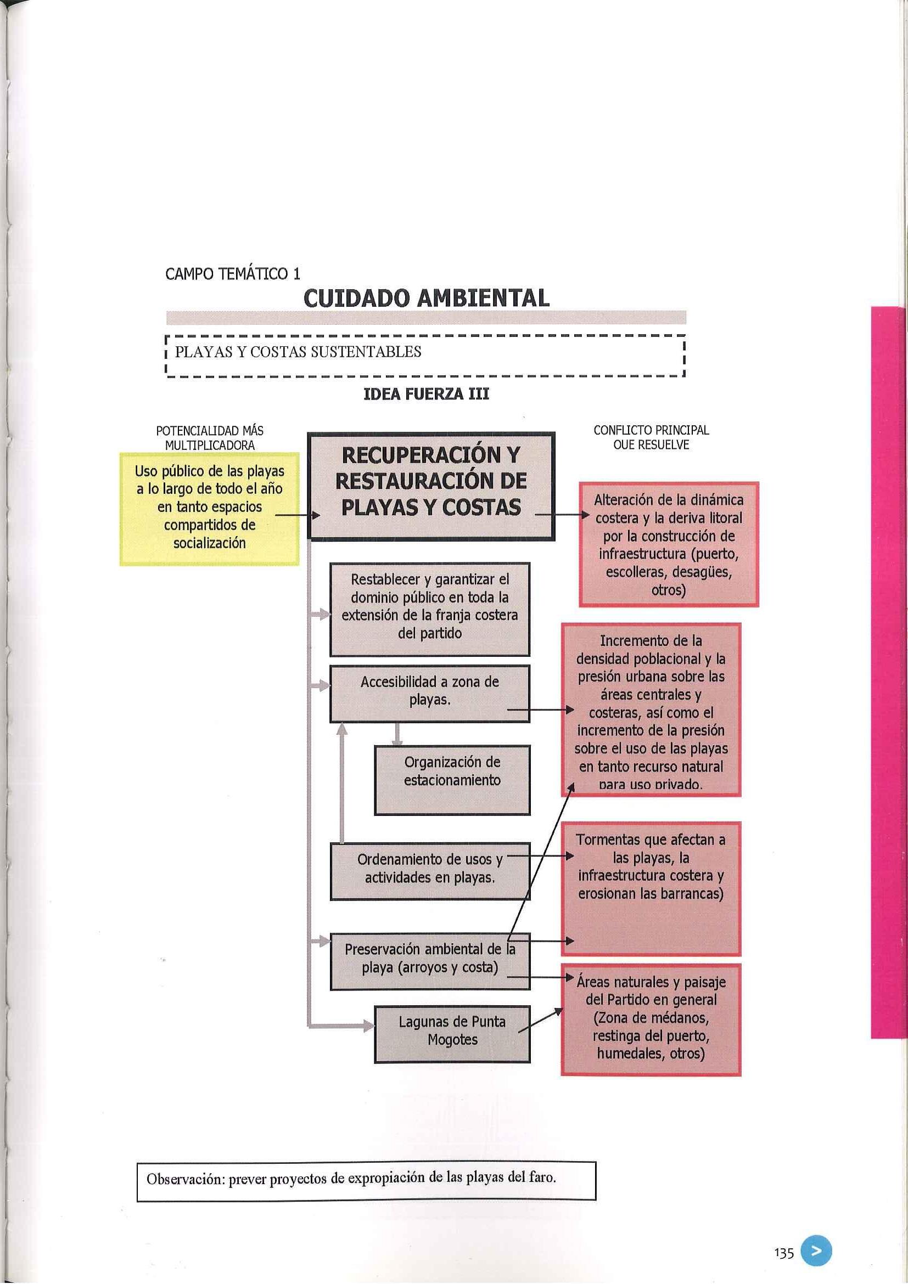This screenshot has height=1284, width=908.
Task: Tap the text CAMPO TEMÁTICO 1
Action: [233, 273]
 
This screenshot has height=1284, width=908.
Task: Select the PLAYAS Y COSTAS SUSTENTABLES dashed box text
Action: [298, 352]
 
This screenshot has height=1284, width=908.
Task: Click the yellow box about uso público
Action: [209, 506]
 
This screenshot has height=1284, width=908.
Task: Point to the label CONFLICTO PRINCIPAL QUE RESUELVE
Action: [651, 437]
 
